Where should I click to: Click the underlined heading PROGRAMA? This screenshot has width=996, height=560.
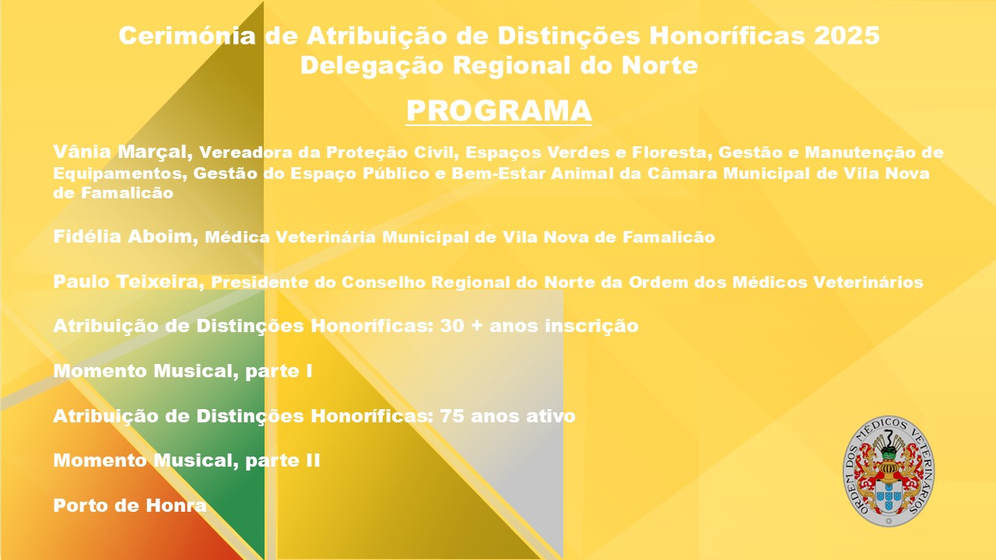pyautogui.click(x=499, y=110)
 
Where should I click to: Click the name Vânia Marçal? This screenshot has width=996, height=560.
pyautogui.click(x=123, y=152)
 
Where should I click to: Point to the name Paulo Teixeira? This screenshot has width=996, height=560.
pyautogui.click(x=128, y=282)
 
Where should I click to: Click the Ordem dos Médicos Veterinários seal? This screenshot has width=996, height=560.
pyautogui.click(x=889, y=471)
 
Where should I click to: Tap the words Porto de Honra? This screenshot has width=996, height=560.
pyautogui.click(x=130, y=505)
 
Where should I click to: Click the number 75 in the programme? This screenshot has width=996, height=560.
pyautogui.click(x=452, y=416)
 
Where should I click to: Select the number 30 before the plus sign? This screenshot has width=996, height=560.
pyautogui.click(x=452, y=326)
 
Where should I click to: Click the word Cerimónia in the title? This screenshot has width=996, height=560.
pyautogui.click(x=188, y=35)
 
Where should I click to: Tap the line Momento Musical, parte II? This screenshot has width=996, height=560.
pyautogui.click(x=187, y=460)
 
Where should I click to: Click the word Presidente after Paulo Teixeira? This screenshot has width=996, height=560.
pyautogui.click(x=260, y=282)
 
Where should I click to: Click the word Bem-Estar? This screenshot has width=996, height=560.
pyautogui.click(x=499, y=173)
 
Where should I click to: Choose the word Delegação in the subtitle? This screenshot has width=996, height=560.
pyautogui.click(x=372, y=66)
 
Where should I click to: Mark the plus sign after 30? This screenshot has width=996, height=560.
pyautogui.click(x=477, y=326)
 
